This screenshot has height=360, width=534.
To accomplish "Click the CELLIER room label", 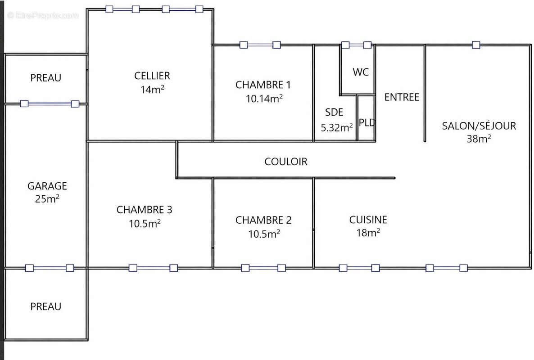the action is pyautogui.click(x=152, y=76).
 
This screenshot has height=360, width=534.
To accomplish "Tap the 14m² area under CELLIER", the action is pyautogui.click(x=152, y=89).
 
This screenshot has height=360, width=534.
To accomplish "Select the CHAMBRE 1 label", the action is pyautogui.click(x=263, y=85).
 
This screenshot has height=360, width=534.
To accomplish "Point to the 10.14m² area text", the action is pyautogui.click(x=264, y=99).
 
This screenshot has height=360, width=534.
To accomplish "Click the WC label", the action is pyautogui.click(x=361, y=72).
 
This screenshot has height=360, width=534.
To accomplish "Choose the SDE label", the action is pyautogui.click(x=334, y=112).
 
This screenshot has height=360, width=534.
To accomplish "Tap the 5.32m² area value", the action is pyautogui.click(x=336, y=128).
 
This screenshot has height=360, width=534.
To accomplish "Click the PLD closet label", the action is pyautogui.click(x=367, y=122).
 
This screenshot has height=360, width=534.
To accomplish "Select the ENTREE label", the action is pyautogui.click(x=402, y=97).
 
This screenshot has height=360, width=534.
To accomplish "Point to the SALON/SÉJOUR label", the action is pyautogui.click(x=479, y=126).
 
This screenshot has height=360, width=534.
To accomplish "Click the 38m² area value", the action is pyautogui.click(x=479, y=139).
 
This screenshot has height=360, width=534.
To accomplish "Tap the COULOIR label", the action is pyautogui.click(x=286, y=162).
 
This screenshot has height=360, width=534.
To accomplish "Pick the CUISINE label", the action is pyautogui.click(x=368, y=220).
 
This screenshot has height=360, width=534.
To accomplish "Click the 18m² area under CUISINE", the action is pyautogui.click(x=368, y=233).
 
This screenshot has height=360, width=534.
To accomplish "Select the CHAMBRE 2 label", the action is pyautogui.click(x=263, y=220).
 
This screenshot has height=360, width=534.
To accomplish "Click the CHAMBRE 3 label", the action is pyautogui.click(x=144, y=210).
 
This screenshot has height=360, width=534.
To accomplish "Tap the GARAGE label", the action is pyautogui.click(x=47, y=186).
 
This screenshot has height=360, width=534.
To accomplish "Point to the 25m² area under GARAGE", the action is pyautogui.click(x=47, y=199).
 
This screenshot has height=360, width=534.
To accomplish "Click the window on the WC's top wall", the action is pyautogui.click(x=356, y=45).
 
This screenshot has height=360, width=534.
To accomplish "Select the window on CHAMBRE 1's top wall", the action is pyautogui.click(x=260, y=45).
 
